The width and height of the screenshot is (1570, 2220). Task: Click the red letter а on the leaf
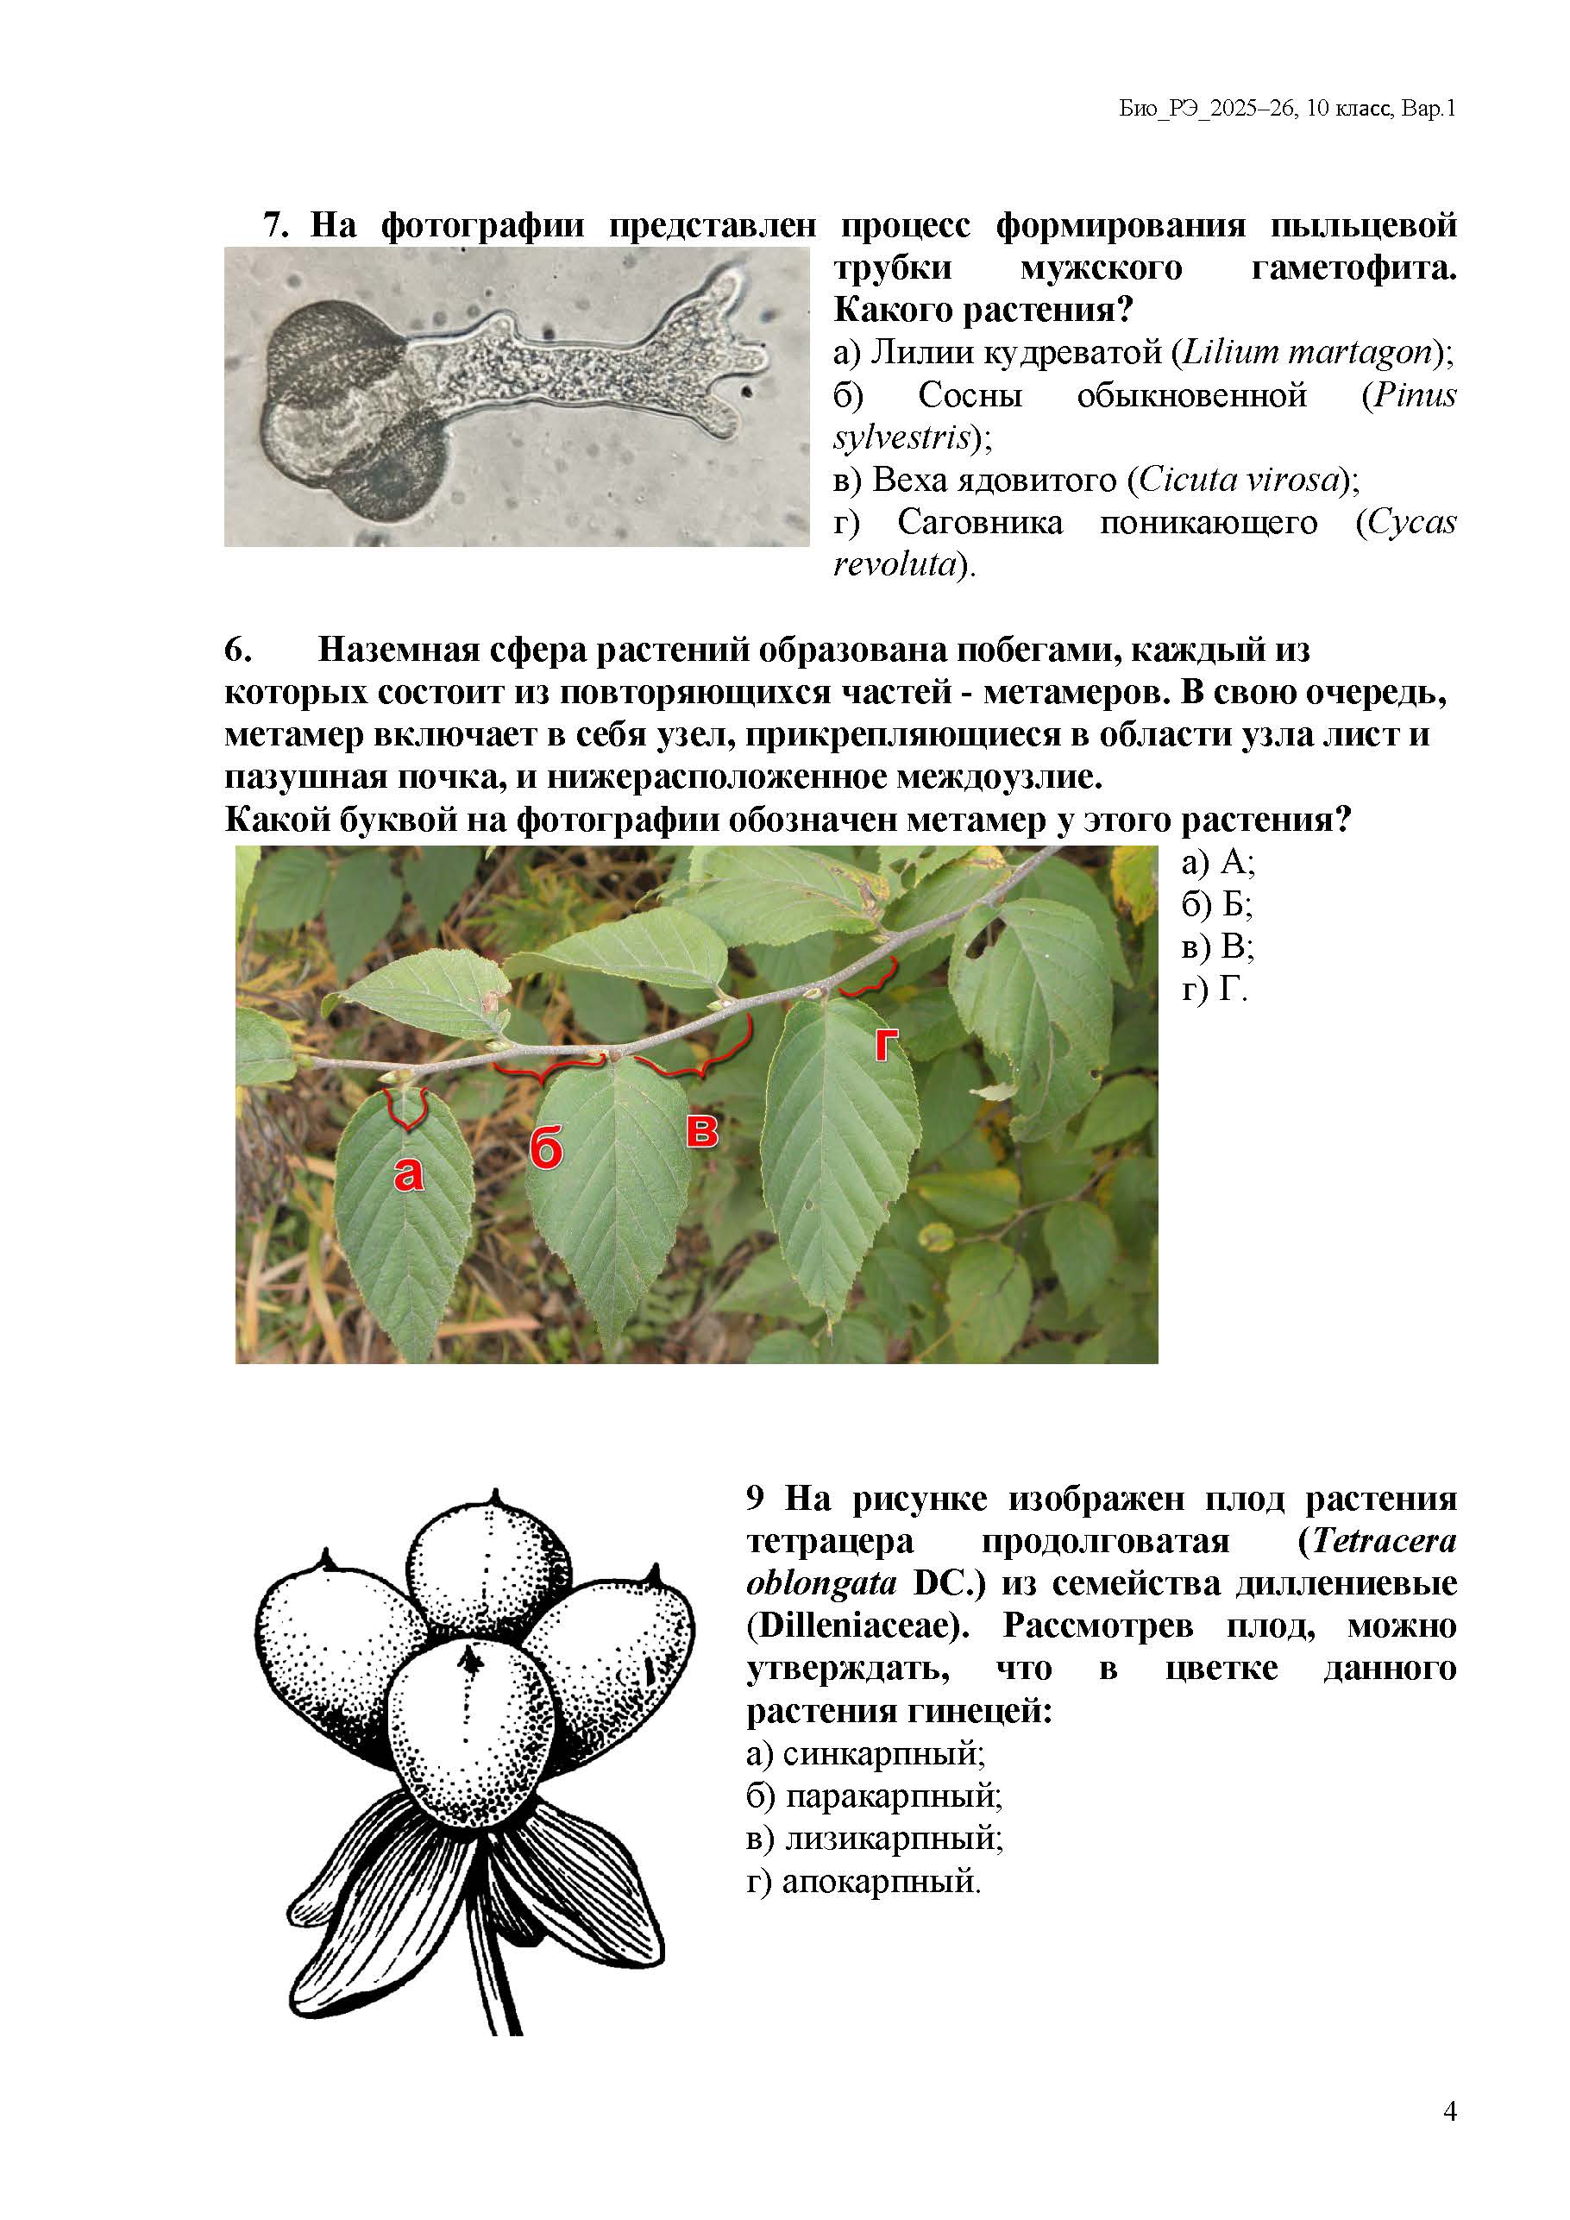click(408, 1173)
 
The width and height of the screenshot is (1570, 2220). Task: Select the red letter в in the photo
click(702, 1130)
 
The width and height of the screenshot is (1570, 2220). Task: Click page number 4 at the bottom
click(1449, 2111)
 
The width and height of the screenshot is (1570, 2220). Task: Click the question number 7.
click(275, 225)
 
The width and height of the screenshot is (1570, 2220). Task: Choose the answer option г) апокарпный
click(863, 1882)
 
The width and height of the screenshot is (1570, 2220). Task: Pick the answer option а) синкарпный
click(865, 1754)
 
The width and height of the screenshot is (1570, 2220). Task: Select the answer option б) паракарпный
click(874, 1796)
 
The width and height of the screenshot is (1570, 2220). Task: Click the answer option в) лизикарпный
click(874, 1838)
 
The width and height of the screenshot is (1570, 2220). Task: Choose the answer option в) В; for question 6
click(1217, 946)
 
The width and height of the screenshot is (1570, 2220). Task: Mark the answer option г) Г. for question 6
click(1215, 988)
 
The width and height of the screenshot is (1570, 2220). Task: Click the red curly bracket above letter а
click(407, 1107)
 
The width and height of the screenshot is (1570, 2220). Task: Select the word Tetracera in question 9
click(1384, 1541)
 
